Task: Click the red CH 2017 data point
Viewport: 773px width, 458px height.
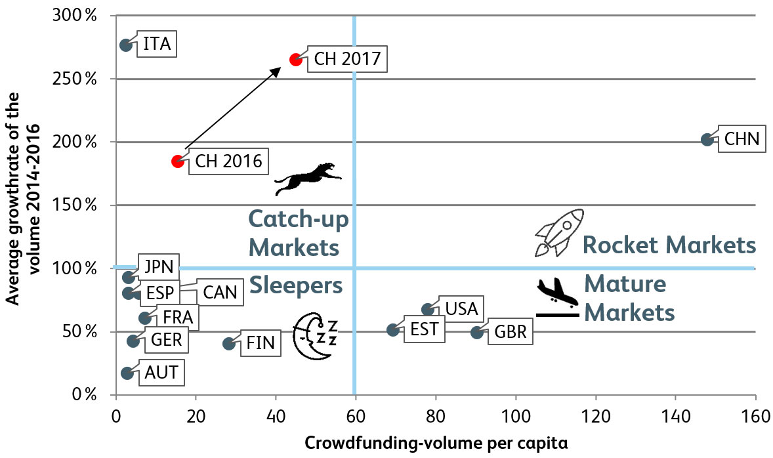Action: (x=296, y=60)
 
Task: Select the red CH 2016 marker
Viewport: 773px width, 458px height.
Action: (x=177, y=161)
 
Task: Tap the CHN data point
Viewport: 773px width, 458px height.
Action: (x=707, y=140)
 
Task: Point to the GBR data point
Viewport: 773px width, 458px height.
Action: (x=477, y=333)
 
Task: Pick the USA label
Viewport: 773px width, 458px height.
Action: (x=461, y=308)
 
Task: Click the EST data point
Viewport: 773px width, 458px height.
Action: (x=392, y=330)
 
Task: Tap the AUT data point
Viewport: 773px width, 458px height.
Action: (x=127, y=373)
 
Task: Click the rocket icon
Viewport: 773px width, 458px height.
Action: (x=558, y=233)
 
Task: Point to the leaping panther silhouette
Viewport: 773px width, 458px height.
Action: (x=306, y=178)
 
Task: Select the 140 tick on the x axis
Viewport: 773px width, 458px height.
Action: (x=675, y=417)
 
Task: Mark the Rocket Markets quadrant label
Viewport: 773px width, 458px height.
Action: (x=669, y=246)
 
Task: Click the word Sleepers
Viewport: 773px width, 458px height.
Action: (x=295, y=285)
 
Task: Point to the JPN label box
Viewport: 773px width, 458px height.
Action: (x=158, y=266)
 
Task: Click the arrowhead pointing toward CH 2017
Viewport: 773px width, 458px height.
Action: (x=276, y=68)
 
